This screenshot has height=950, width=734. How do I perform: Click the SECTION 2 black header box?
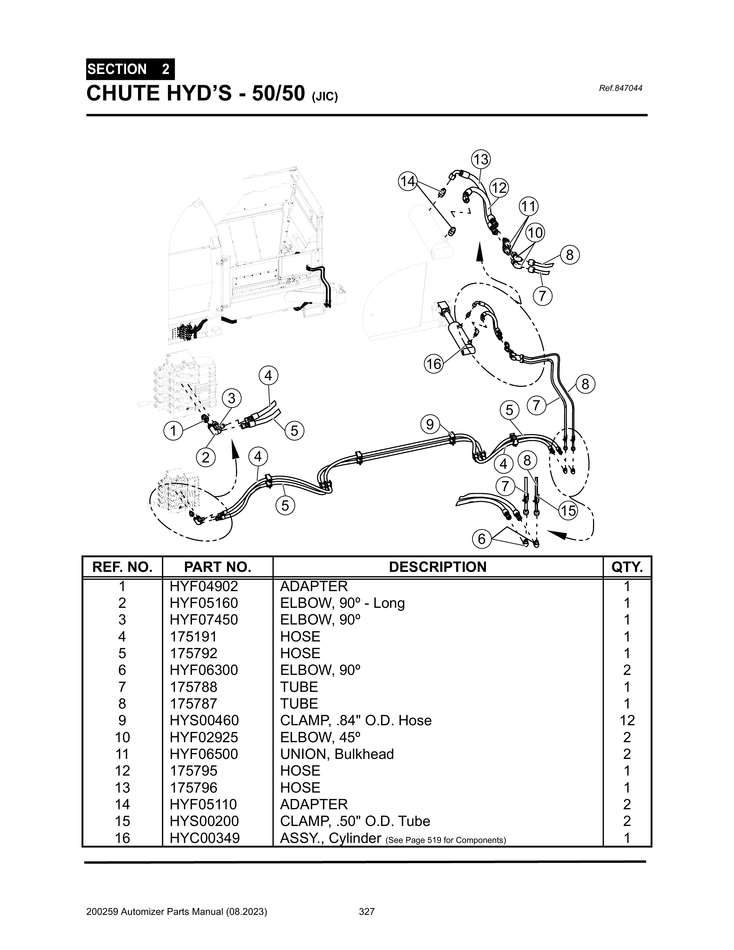point(130,69)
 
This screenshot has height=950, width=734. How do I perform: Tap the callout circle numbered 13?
point(481,160)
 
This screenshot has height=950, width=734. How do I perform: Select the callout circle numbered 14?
point(408,181)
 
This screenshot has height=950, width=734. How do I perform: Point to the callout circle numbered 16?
point(433,364)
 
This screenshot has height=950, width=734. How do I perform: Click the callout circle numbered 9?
point(430,424)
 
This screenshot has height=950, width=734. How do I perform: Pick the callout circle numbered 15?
point(568,510)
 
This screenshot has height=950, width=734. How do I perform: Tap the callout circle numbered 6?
point(481,539)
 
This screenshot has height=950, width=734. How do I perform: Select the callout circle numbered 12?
point(499,188)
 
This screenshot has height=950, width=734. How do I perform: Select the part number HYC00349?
point(204,838)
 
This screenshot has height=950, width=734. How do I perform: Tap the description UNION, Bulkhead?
point(337,754)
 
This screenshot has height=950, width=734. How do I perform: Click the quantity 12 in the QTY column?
point(627,720)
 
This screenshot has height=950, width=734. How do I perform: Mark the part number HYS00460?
point(204,720)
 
